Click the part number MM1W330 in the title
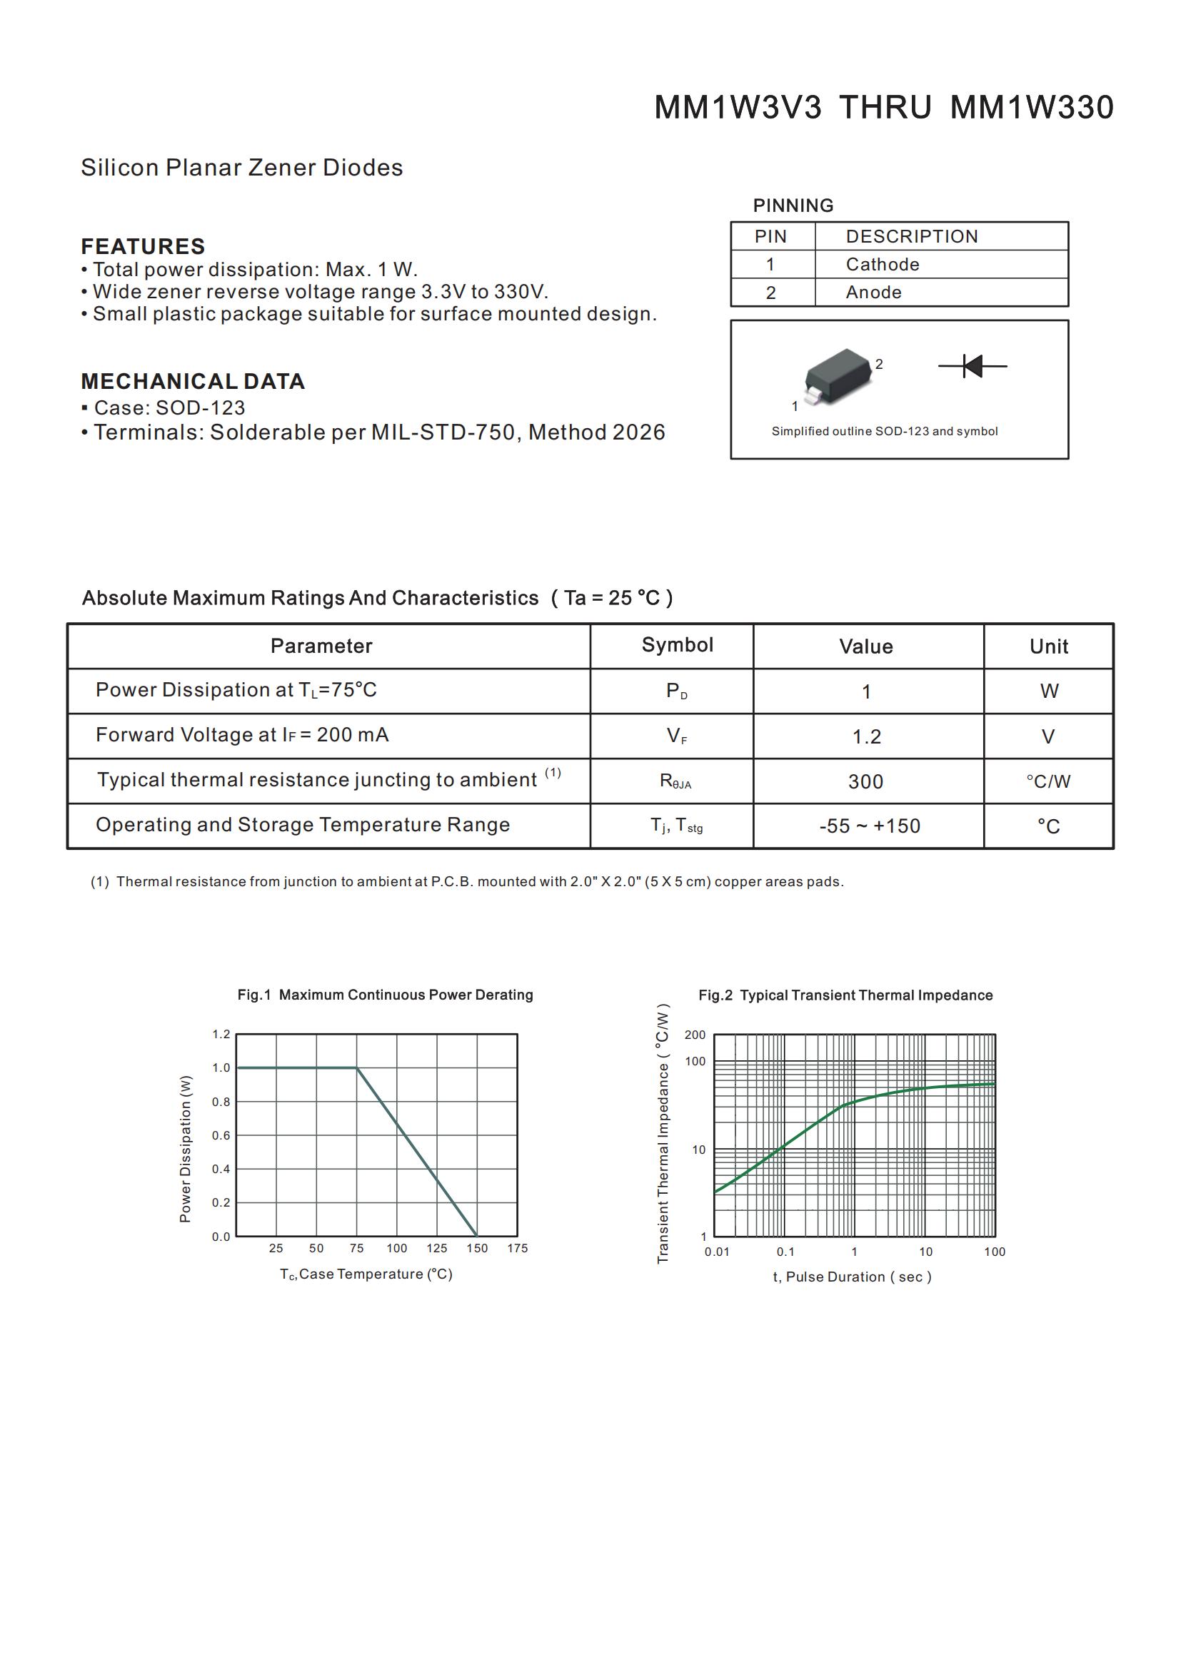(1031, 108)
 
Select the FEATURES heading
(143, 246)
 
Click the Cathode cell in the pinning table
(882, 265)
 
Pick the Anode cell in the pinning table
(873, 293)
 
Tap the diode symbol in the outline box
(973, 365)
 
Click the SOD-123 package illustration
(838, 376)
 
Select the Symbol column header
(677, 646)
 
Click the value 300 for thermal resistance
(865, 782)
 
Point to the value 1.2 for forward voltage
(866, 737)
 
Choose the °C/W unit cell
(1048, 782)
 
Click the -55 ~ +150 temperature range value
(869, 826)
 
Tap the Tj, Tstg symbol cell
(676, 826)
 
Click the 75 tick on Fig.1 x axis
(356, 1248)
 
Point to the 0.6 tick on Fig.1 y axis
(221, 1135)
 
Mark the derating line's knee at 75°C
(356, 1068)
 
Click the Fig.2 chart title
(845, 995)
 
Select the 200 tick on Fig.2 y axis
(695, 1035)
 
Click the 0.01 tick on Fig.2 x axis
(716, 1252)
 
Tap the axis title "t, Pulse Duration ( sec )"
(852, 1277)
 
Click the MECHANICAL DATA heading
(193, 382)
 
